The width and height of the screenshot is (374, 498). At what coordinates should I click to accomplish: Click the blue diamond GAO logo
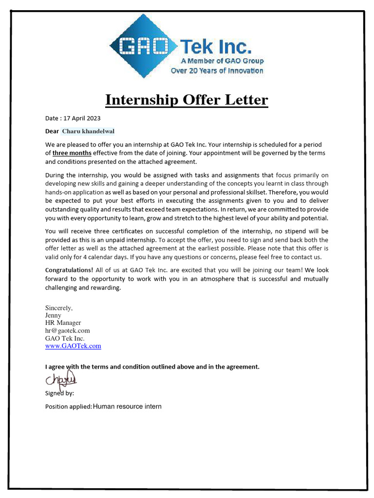tap(143, 46)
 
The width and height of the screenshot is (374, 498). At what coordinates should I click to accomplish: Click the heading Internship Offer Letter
tap(187, 100)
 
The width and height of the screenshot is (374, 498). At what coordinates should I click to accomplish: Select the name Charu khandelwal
tap(88, 131)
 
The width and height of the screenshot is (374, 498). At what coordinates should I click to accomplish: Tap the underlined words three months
tap(72, 153)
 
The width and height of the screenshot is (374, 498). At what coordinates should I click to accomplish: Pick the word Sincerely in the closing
tap(59, 308)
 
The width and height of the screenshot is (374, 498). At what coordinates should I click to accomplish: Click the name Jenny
tap(53, 315)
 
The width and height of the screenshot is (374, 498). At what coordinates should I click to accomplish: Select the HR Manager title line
tap(63, 323)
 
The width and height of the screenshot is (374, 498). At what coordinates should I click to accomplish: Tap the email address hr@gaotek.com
tap(67, 331)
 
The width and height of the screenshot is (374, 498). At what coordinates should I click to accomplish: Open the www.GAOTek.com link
tap(73, 346)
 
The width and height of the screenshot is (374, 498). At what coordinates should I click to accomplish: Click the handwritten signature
tap(61, 379)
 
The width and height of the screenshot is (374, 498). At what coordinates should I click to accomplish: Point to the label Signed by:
tap(59, 393)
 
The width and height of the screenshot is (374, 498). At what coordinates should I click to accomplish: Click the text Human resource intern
tap(127, 406)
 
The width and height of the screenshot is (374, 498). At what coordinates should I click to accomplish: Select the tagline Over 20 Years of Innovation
tap(217, 71)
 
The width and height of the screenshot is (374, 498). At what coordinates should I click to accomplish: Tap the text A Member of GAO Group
tap(222, 61)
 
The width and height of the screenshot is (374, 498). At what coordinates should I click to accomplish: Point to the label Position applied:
tap(68, 407)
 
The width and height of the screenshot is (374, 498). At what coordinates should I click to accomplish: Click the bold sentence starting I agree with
tap(152, 367)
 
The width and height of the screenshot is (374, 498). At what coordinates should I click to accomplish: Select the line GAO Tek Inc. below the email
tap(65, 338)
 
